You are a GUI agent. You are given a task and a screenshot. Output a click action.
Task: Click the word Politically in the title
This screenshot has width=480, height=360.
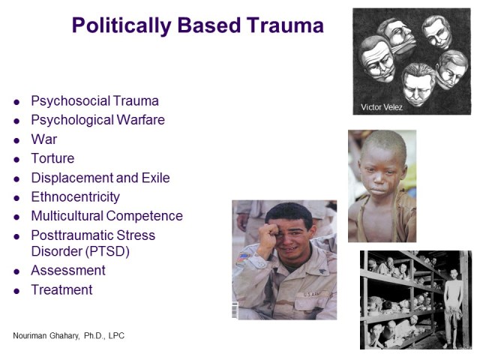pos(120,25)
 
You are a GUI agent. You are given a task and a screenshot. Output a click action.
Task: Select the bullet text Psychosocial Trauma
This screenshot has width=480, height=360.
pos(94,100)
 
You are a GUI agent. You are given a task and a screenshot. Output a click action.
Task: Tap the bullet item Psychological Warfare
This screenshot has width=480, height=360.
pos(97,120)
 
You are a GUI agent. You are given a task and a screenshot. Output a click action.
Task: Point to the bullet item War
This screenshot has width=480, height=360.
pos(43,139)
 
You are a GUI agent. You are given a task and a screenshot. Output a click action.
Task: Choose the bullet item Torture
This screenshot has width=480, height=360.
pos(52,158)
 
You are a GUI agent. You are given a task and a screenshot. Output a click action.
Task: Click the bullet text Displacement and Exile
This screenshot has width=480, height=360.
pos(100,178)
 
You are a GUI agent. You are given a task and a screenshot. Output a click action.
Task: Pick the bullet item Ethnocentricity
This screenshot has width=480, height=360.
pos(75,197)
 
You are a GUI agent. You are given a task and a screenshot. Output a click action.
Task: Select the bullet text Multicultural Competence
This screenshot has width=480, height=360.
pos(106,216)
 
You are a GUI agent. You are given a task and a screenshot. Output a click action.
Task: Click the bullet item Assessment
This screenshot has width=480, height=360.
pos(67,270)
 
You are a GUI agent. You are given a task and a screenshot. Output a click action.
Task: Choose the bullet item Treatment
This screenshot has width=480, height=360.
pos(61,289)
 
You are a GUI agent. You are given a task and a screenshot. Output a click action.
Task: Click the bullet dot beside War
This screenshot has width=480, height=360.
pos(16,140)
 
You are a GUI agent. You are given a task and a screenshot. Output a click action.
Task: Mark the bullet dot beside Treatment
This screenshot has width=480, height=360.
pos(16,290)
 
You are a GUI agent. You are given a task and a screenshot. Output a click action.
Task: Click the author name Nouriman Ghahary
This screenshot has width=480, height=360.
pos(51,335)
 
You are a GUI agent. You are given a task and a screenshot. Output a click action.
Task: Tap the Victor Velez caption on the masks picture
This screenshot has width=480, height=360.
pos(382,106)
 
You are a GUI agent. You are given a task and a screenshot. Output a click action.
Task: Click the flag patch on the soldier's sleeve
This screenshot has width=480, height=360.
pos(244,257)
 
